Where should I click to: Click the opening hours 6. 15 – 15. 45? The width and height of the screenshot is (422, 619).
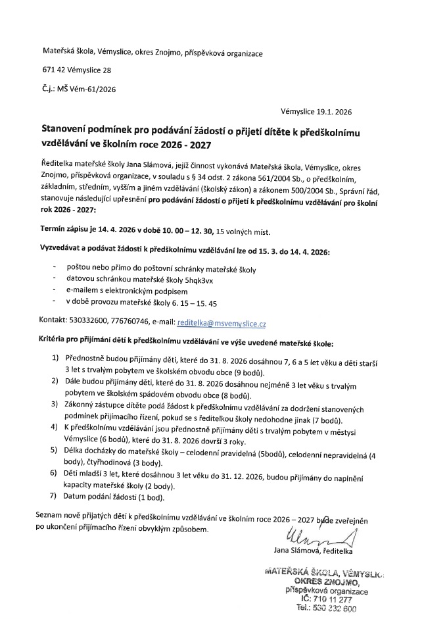[x=196, y=304]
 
